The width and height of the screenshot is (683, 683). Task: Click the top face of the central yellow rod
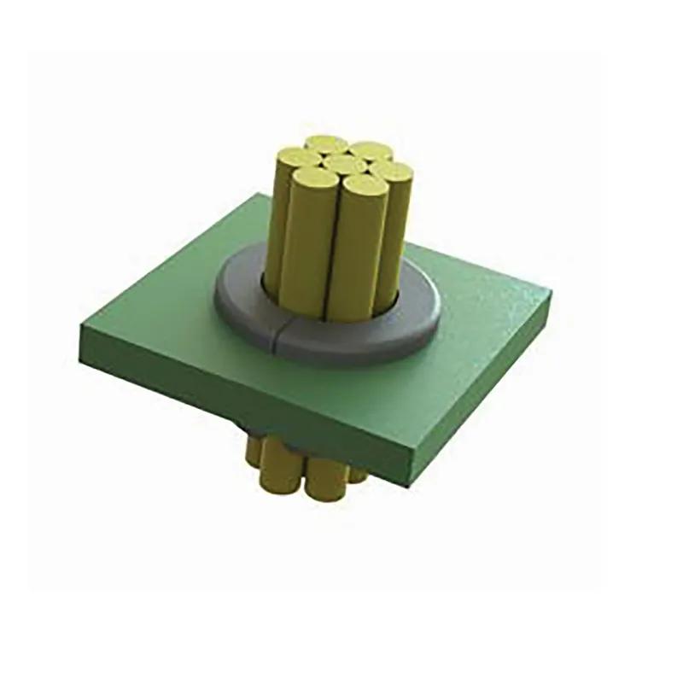pyautogui.click(x=345, y=163)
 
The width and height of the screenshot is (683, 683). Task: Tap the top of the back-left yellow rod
pyautogui.click(x=326, y=143)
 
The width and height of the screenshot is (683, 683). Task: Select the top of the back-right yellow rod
pyautogui.click(x=370, y=150)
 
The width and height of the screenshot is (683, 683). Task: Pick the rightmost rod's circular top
pyautogui.click(x=394, y=172)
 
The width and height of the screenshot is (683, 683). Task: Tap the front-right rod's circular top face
pyautogui.click(x=362, y=185)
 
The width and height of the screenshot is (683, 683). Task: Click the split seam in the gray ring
pyautogui.click(x=277, y=335)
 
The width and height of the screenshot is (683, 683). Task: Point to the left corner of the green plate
pyautogui.click(x=81, y=327)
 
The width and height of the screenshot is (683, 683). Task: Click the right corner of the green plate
pyautogui.click(x=549, y=295)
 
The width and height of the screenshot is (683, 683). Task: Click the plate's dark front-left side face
pyautogui.click(x=231, y=401)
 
